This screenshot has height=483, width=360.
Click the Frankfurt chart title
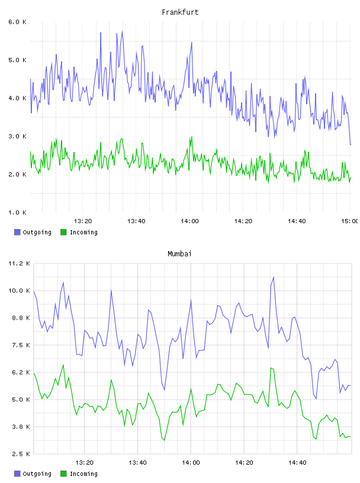[180, 12]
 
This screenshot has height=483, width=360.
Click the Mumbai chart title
[179, 254]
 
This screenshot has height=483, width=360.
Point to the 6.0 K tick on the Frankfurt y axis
[17, 22]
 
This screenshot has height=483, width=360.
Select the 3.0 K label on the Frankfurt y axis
[17, 136]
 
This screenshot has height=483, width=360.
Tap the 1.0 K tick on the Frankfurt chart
[17, 212]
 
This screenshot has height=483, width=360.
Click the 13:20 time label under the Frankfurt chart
[83, 221]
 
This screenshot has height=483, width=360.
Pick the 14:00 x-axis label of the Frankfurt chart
[190, 221]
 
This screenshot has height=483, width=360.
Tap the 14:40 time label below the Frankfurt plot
[297, 221]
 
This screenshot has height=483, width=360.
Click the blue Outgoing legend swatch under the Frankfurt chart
[17, 232]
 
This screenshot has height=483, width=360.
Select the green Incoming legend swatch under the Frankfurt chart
[63, 232]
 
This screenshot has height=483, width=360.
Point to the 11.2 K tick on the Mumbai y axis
[19, 263]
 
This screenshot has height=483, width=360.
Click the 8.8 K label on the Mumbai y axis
[19, 318]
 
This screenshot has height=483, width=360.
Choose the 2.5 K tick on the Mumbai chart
[19, 454]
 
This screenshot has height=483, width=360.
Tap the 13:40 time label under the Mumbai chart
[137, 463]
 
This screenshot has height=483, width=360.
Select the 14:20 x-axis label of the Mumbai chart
[244, 463]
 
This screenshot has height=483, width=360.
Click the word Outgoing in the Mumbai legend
[37, 474]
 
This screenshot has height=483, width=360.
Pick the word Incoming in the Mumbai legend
[83, 474]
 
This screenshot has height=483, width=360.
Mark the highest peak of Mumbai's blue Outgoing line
[274, 277]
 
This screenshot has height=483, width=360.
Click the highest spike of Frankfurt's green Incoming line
[191, 137]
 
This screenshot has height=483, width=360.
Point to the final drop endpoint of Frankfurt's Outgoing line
[351, 144]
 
